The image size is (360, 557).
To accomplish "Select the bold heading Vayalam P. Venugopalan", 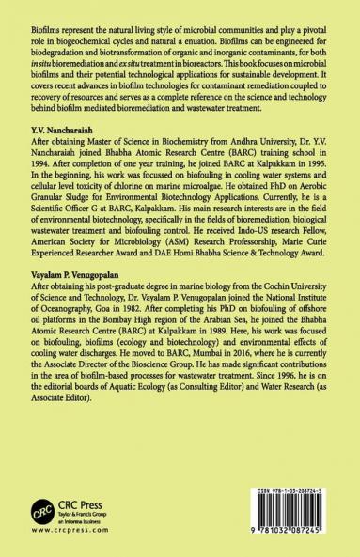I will pos(79,292).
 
